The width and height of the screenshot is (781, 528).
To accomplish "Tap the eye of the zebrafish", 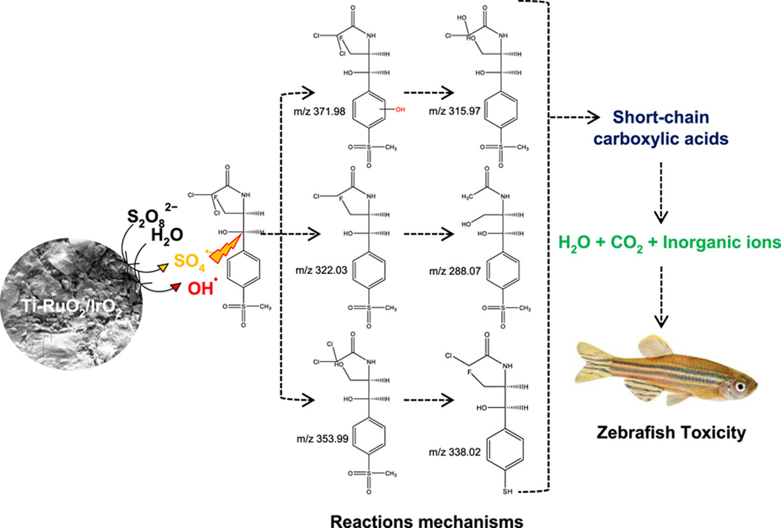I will (741, 386).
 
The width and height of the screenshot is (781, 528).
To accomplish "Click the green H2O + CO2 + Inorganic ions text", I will (668, 243).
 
